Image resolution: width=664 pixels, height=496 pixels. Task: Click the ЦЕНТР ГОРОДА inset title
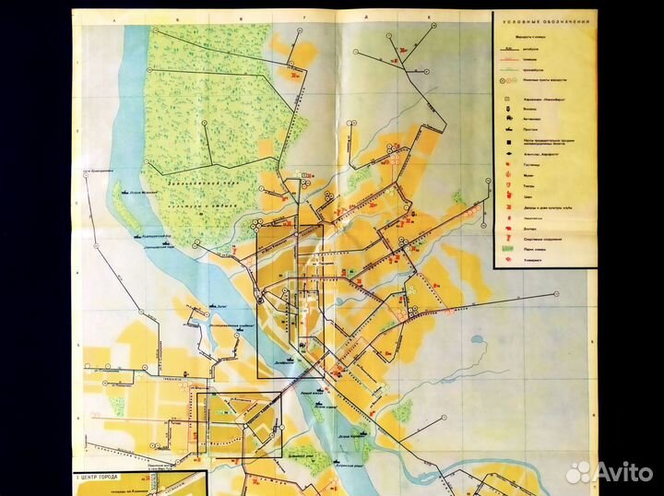[108, 478]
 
